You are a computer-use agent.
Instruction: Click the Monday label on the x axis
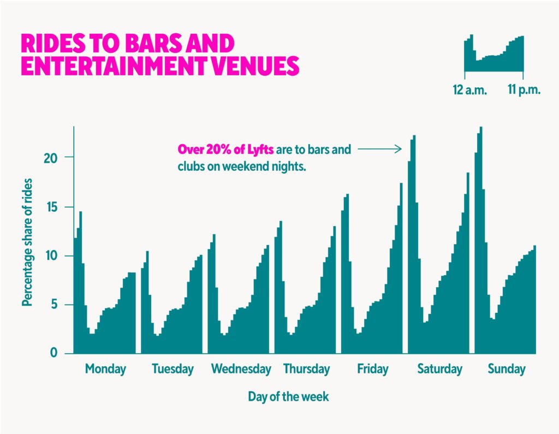pos(105,369)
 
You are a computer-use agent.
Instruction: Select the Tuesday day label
pos(173,369)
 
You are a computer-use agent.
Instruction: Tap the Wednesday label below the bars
pos(241,369)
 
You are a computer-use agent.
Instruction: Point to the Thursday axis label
pos(306,369)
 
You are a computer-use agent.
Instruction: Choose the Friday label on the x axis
pos(373,369)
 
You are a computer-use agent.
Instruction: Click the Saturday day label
pos(439,369)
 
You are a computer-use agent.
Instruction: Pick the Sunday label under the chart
pos(506,369)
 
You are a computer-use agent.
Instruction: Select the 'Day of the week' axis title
pos(288,396)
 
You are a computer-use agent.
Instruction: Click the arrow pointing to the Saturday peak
pos(380,148)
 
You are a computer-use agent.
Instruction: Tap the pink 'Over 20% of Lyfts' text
pos(225,149)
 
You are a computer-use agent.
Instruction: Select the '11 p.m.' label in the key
pos(524,90)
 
